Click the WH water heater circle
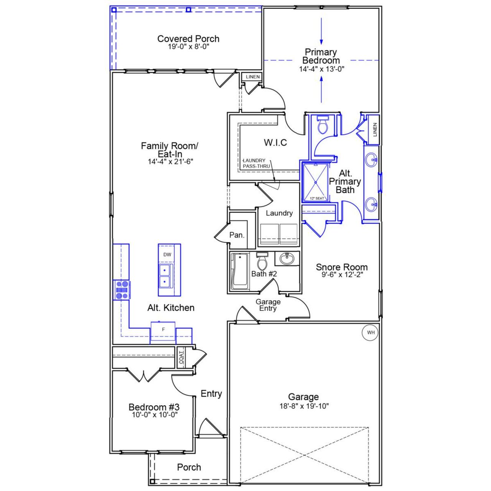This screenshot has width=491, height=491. point(371,333)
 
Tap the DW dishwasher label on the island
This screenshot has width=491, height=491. point(167,255)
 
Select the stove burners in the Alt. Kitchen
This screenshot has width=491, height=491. point(122,290)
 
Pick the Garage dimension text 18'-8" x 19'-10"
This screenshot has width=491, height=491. point(304,406)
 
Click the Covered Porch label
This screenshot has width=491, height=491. point(188,39)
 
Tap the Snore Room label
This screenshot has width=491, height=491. point(341,267)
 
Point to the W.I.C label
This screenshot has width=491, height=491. point(275,143)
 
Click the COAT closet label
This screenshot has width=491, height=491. point(181,357)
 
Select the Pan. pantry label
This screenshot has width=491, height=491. point(237,235)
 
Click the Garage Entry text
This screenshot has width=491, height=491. point(268,305)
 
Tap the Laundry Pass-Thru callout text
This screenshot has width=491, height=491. point(256,163)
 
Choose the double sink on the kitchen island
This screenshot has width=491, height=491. point(166,276)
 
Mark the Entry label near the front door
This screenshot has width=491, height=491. point(211,394)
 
